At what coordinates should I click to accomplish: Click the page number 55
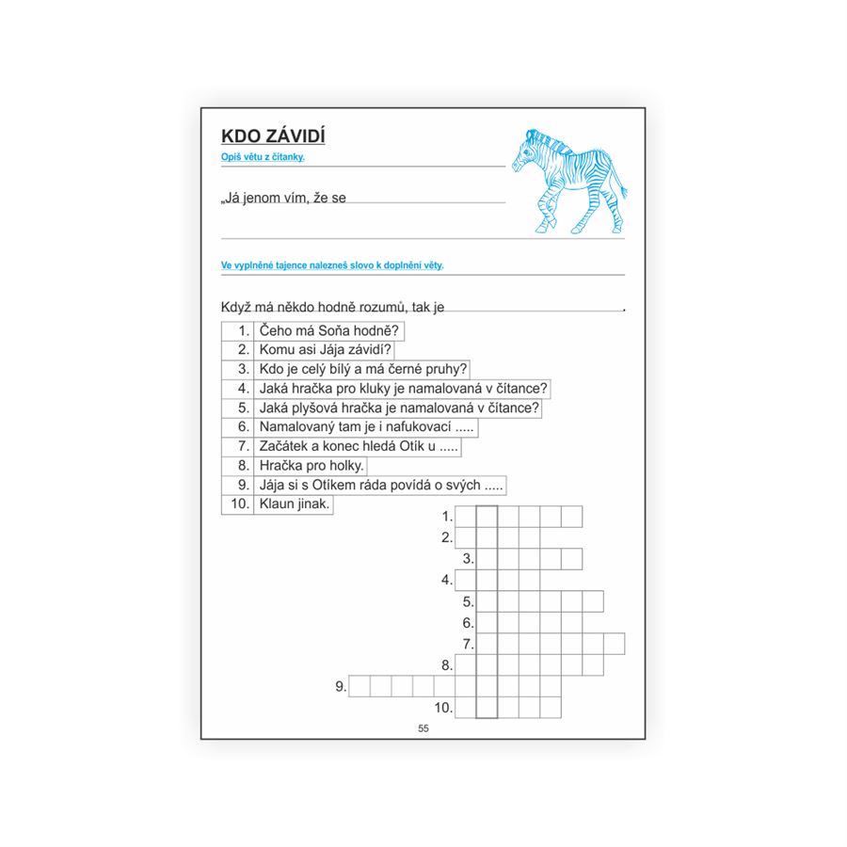pos(423,729)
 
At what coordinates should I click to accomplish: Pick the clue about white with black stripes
pos(363,369)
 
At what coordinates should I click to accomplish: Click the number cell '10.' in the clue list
pos(238,503)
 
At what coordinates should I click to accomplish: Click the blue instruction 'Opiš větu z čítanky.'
pos(256,158)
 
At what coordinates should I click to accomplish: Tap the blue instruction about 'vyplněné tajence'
pos(332,265)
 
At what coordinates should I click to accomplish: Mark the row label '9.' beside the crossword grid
pos(341,687)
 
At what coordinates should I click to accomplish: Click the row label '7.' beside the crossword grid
pos(467,644)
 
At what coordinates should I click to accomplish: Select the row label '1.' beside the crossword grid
pos(446,516)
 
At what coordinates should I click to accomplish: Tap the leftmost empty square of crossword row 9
pos(360,686)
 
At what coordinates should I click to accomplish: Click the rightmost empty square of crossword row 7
pos(614,644)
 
